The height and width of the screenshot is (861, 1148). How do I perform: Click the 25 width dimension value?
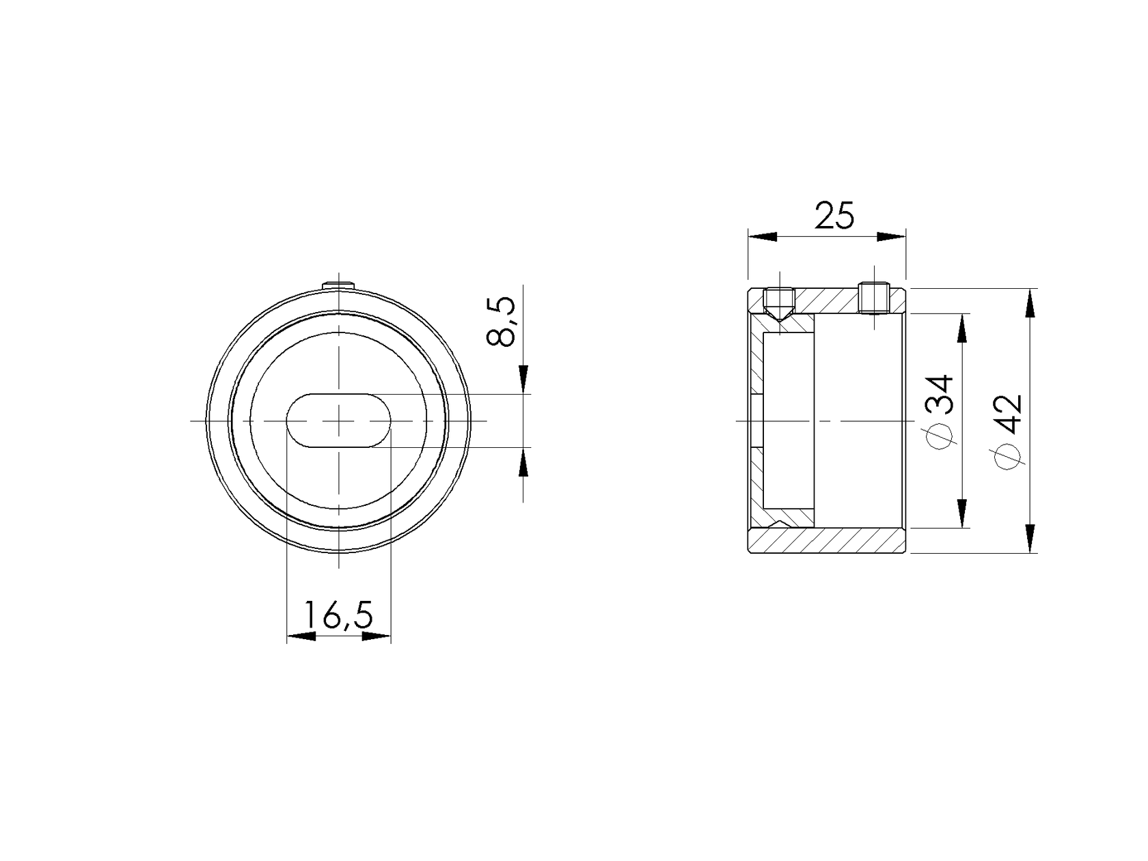pos(834,216)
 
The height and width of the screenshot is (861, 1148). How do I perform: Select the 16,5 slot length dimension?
pos(338,616)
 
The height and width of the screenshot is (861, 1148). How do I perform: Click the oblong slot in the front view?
pos(338,421)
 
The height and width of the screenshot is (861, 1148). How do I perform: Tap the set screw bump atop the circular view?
pos(340,284)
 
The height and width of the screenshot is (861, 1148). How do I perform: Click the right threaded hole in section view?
pos(874,298)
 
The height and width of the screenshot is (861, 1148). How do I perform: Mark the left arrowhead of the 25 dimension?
pos(763,237)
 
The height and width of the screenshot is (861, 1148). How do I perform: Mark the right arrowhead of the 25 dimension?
pos(891,237)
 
